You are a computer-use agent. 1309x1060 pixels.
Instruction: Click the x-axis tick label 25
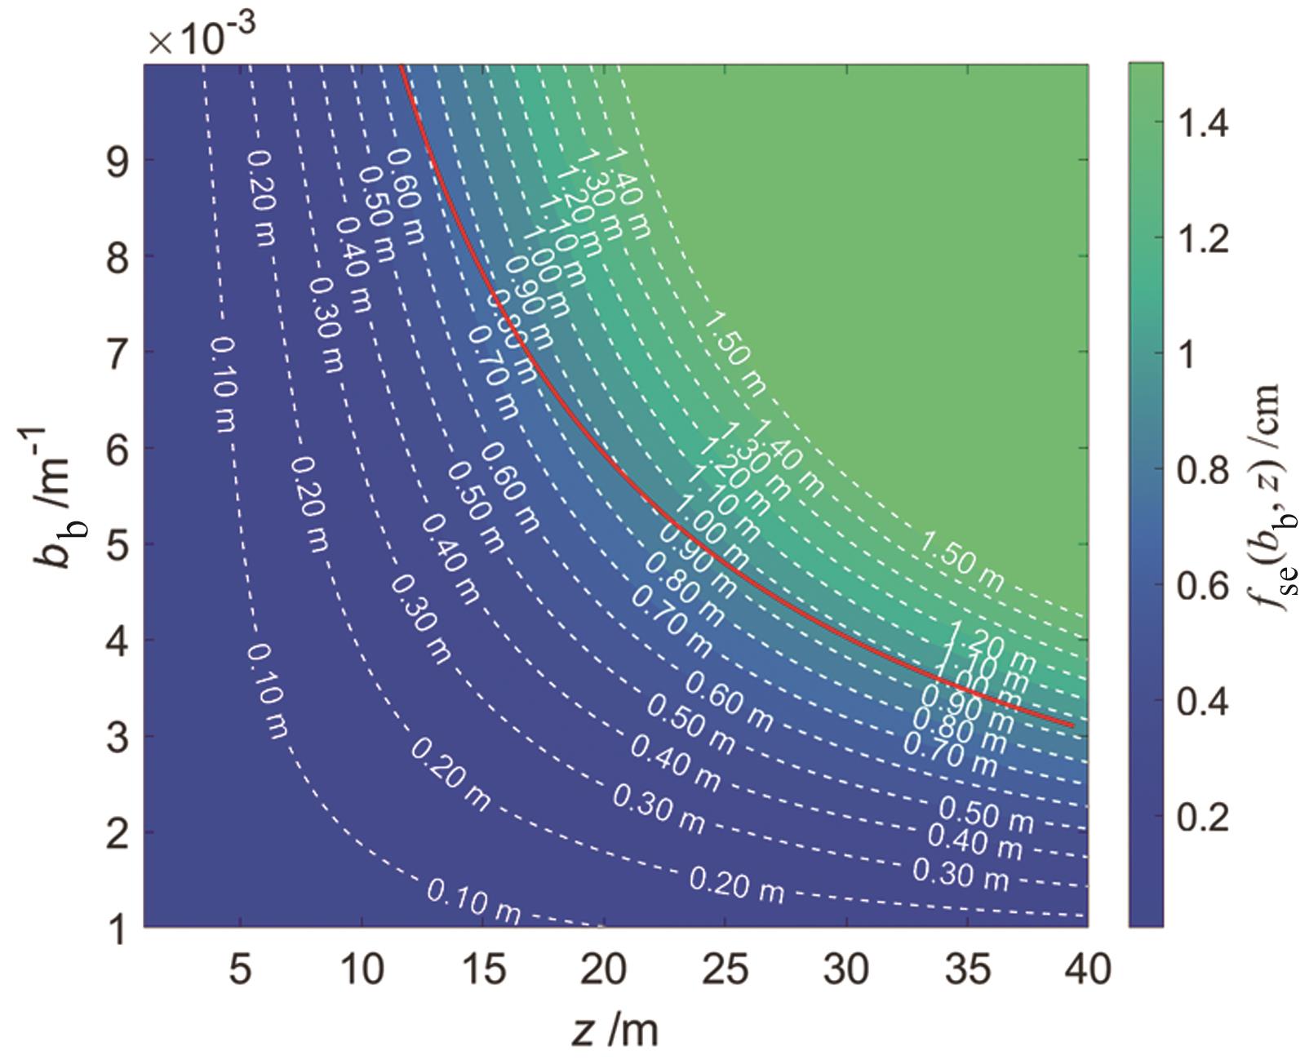click(725, 970)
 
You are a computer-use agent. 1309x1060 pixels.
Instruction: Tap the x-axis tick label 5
click(239, 970)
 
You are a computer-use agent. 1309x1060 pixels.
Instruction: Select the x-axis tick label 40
click(1089, 970)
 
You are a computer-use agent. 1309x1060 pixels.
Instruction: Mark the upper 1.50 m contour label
click(734, 353)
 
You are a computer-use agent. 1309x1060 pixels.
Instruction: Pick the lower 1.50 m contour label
click(962, 561)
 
